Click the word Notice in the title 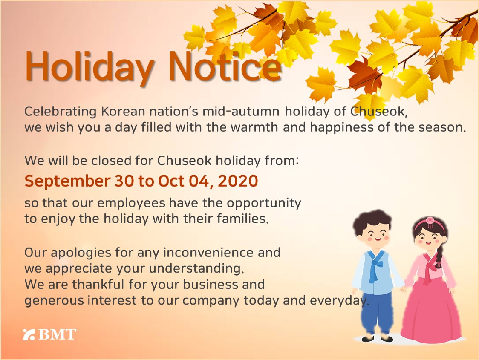pyautogui.click(x=225, y=65)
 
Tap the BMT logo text pyautogui.click(x=58, y=334)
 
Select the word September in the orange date pyautogui.click(x=67, y=181)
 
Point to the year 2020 pyautogui.click(x=238, y=181)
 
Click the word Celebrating pyautogui.click(x=61, y=112)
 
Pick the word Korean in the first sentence pyautogui.click(x=123, y=111)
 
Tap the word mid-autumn pyautogui.click(x=241, y=112)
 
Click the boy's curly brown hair pyautogui.click(x=372, y=220)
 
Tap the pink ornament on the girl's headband pyautogui.click(x=430, y=222)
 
